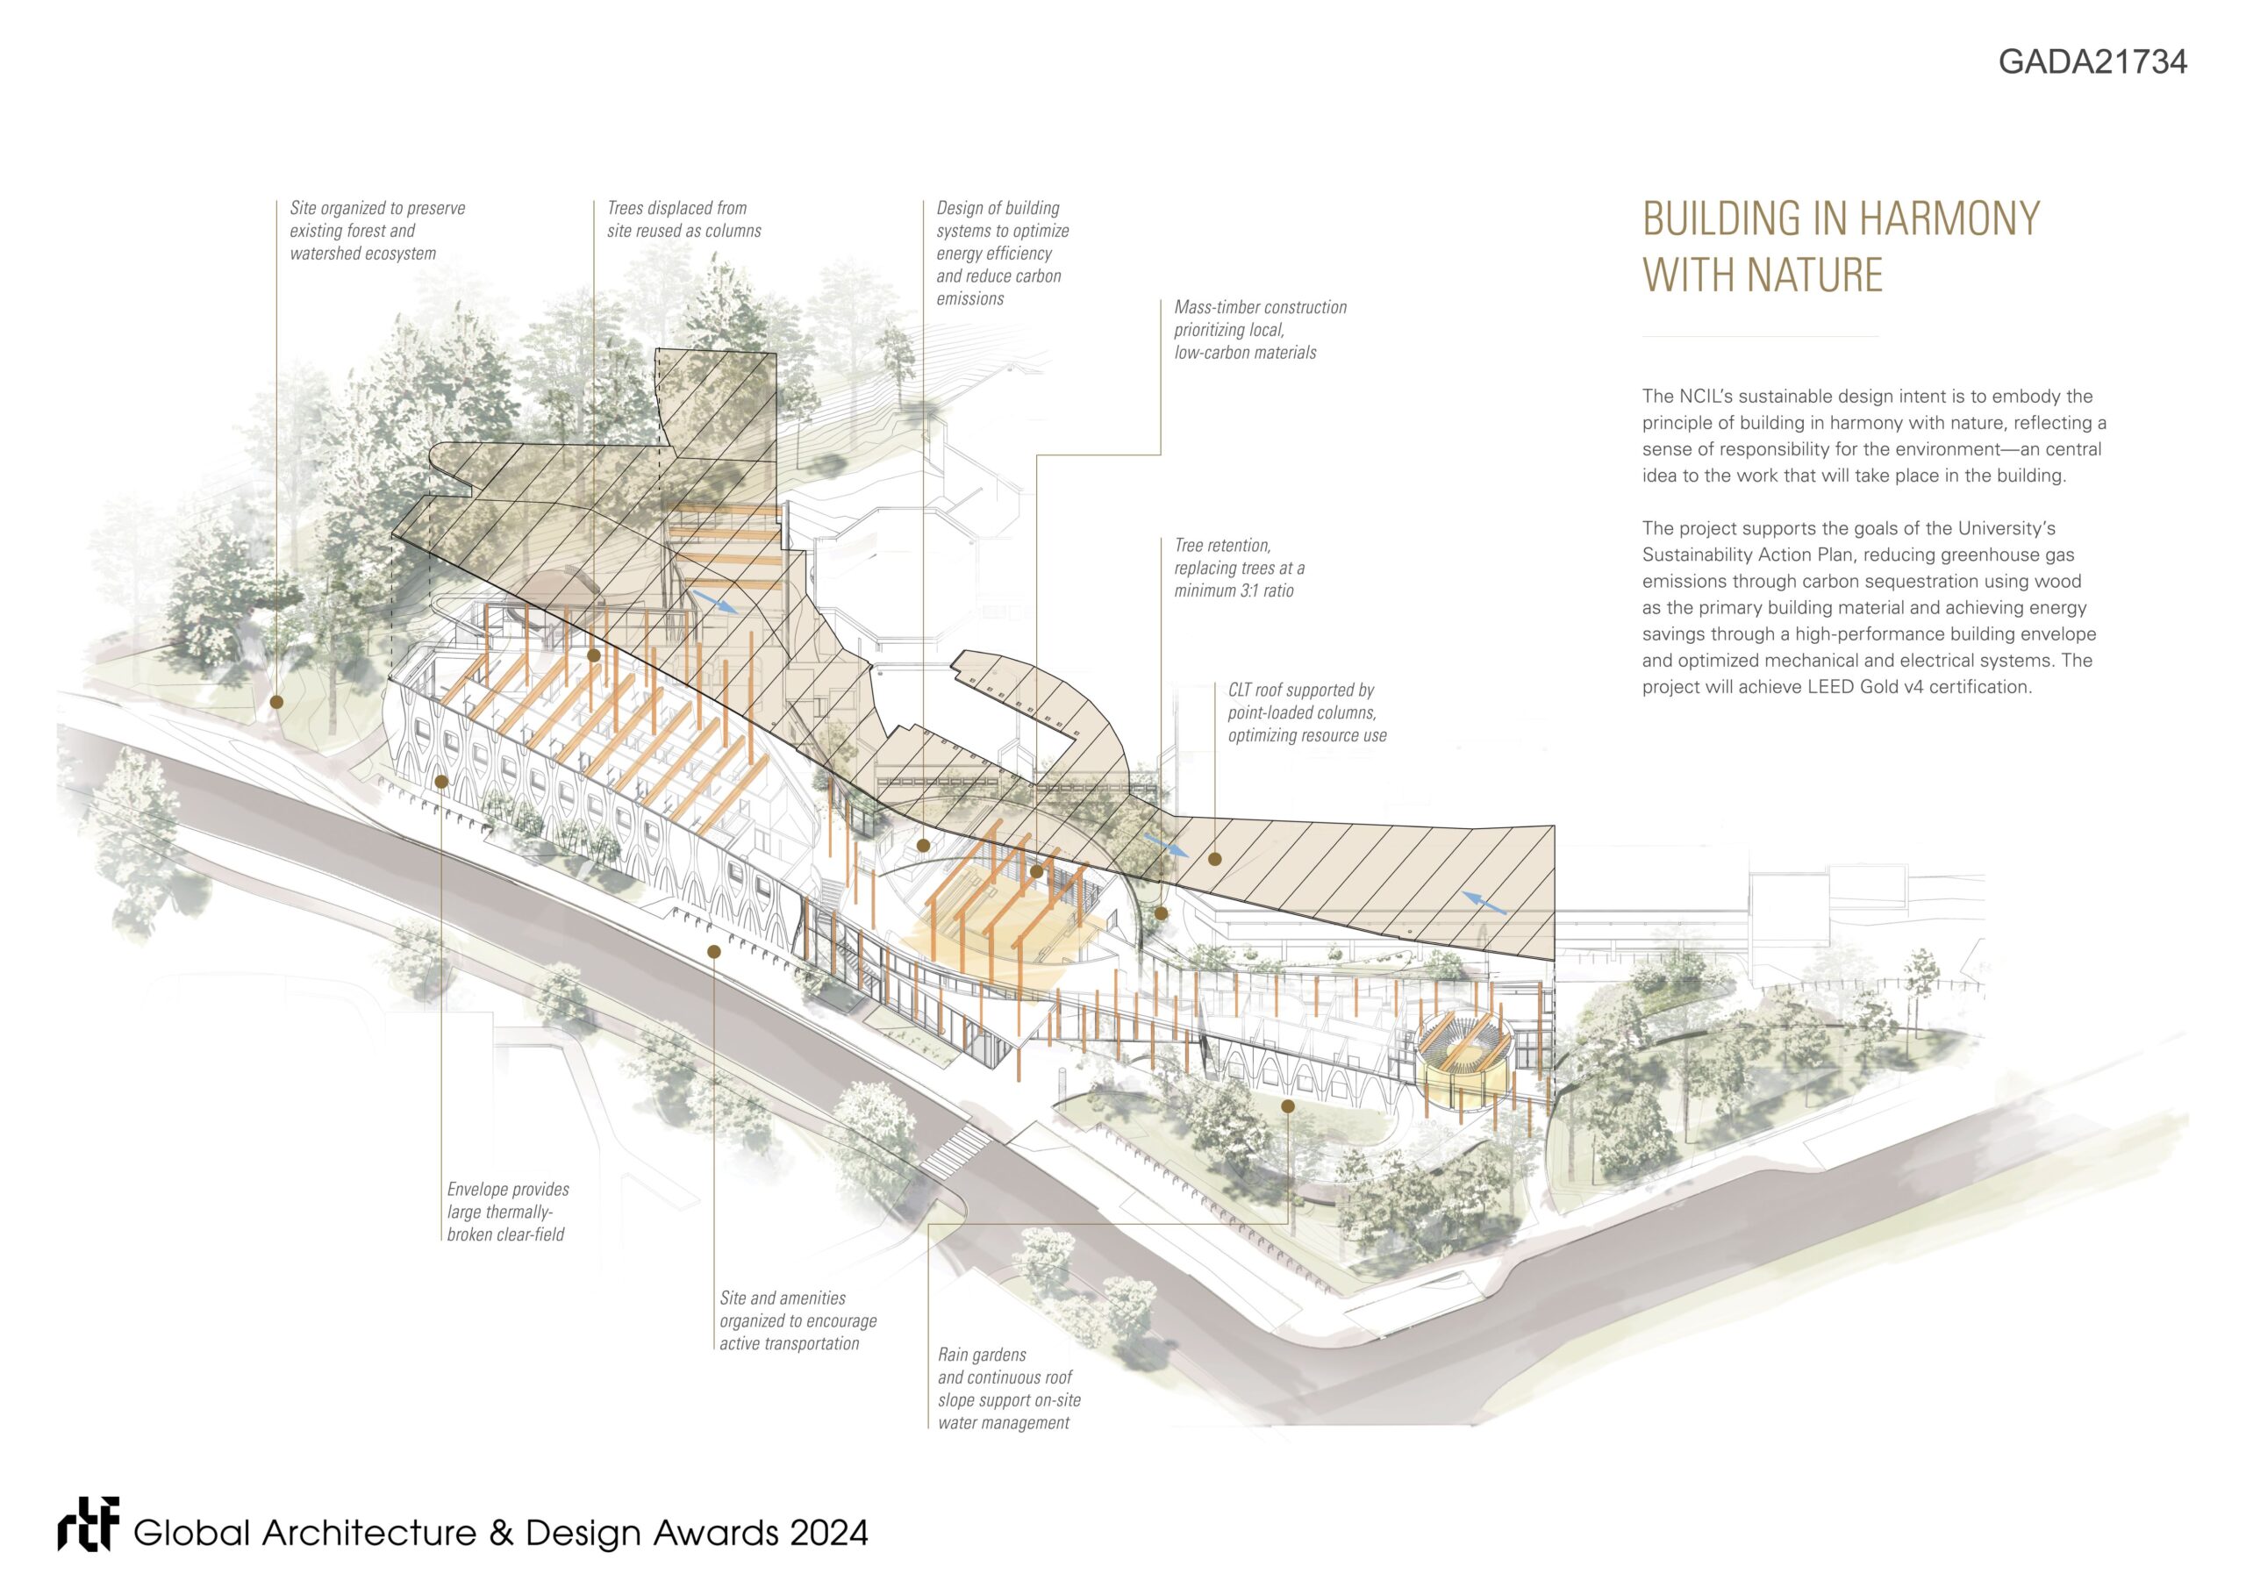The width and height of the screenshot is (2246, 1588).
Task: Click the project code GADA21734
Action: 2092,61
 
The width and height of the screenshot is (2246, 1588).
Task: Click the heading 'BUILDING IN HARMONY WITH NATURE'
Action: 1840,247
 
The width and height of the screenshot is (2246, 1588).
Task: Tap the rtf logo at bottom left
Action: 88,1526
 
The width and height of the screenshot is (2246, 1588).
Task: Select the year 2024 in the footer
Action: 828,1532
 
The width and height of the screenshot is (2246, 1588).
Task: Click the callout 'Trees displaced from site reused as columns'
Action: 683,219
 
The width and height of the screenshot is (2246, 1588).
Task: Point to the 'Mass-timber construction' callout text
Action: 1260,330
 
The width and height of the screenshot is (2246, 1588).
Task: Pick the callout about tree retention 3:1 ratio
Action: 1239,568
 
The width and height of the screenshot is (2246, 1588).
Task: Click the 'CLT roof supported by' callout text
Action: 1306,712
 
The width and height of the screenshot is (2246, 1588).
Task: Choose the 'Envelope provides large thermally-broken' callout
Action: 507,1212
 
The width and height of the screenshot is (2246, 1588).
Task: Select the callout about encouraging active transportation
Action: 798,1320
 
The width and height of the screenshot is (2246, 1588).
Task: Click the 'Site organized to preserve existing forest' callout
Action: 376,231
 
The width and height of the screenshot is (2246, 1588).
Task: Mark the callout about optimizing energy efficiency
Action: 1002,253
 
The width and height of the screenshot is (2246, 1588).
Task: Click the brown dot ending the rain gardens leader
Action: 1287,1106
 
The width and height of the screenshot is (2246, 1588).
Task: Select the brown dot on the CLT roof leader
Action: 1214,859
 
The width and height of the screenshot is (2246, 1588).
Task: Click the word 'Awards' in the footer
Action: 716,1532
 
